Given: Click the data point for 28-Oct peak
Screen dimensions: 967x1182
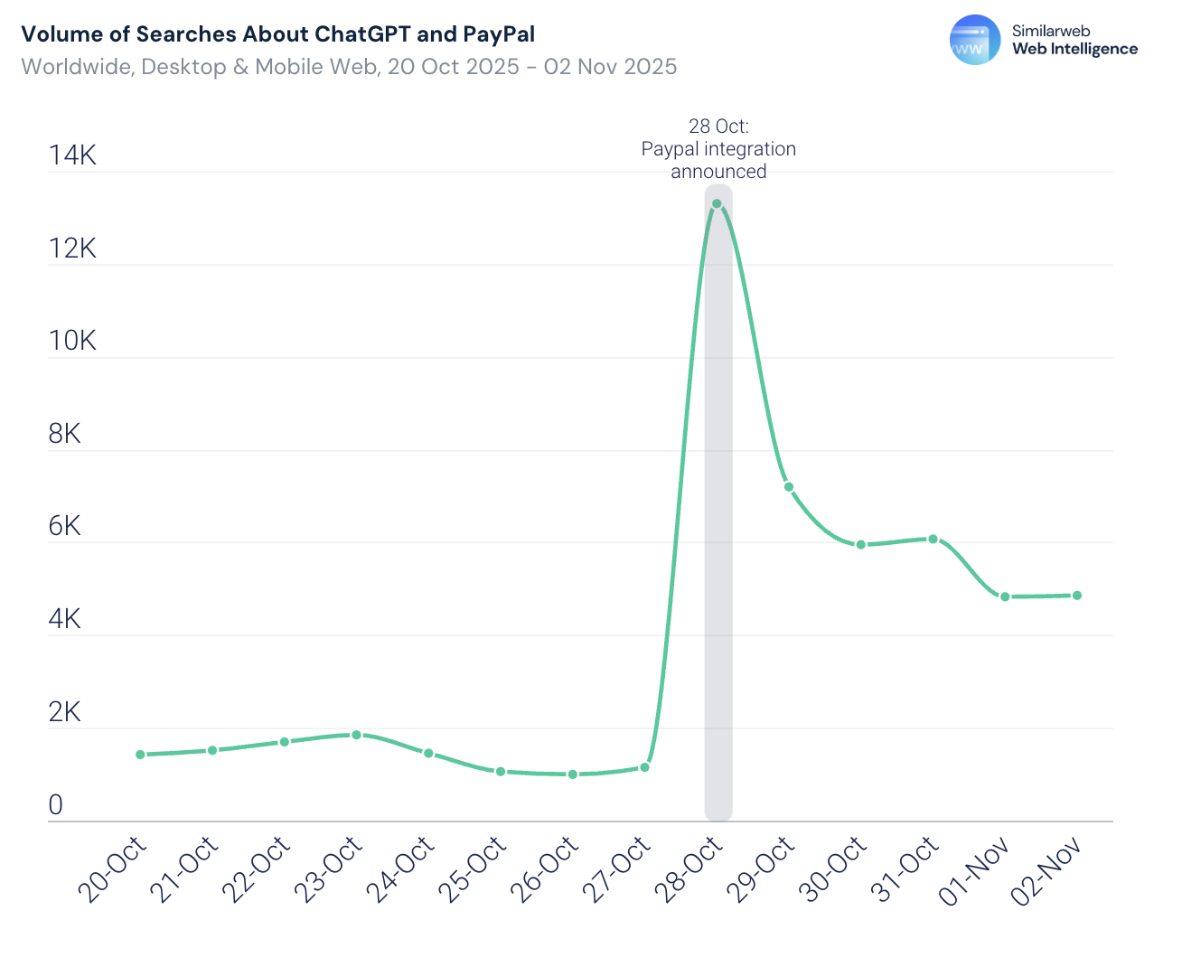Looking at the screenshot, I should (x=718, y=204).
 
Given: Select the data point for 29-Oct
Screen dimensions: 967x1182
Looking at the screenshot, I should (x=789, y=487).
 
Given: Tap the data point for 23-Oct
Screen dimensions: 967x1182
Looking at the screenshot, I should (x=357, y=735).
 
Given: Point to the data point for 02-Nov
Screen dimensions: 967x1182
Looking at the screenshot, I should (x=1077, y=596).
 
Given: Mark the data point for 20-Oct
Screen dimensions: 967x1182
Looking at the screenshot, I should (x=140, y=755).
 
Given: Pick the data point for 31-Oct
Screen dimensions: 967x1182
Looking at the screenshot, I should (x=933, y=540).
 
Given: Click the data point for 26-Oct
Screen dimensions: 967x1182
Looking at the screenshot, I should (x=573, y=775).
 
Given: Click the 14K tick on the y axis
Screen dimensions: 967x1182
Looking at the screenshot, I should (x=72, y=155).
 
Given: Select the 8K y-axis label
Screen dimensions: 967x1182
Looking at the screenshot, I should (x=65, y=434).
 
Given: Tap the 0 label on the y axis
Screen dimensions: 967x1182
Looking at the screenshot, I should (x=56, y=805).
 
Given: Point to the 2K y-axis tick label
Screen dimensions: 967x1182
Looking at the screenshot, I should (x=65, y=712).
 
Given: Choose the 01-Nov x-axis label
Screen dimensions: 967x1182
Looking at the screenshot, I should (x=975, y=871).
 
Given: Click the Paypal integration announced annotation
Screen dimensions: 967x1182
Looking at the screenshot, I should (x=718, y=149).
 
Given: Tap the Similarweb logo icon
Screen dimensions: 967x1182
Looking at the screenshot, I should (x=975, y=40).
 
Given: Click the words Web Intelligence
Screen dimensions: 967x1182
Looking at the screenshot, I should (x=1074, y=50).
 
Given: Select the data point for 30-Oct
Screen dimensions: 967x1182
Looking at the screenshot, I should (x=861, y=545).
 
